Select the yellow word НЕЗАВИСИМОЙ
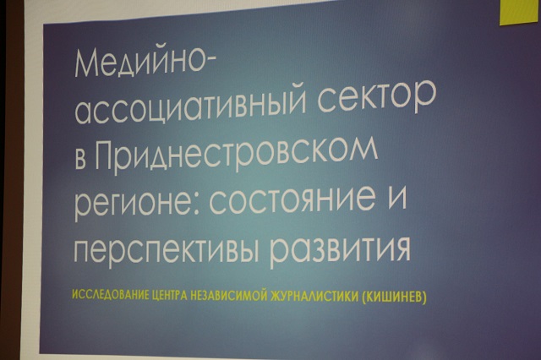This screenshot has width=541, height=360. point(229,296)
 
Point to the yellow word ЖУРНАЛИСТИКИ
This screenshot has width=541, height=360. point(315,297)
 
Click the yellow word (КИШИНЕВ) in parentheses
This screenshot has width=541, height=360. point(395,297)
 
